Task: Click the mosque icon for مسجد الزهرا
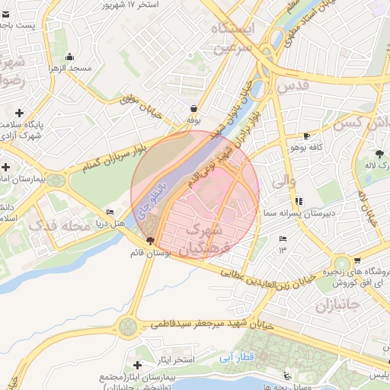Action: click(70, 56)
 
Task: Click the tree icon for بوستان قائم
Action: click(149, 240)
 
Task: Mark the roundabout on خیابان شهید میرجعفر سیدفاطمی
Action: click(128, 328)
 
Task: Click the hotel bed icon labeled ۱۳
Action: click(283, 239)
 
